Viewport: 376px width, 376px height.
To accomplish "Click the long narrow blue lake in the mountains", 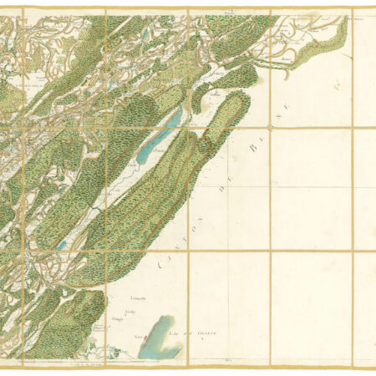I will coord(159,138).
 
